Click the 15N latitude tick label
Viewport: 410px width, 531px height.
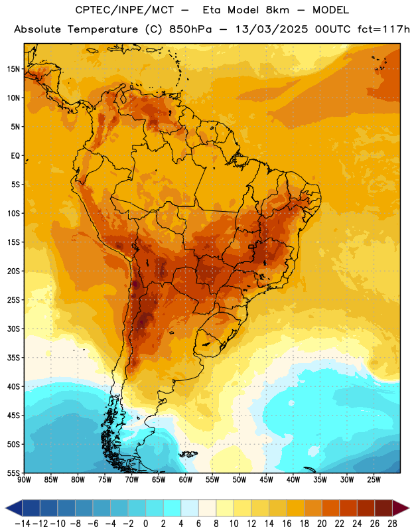tap(13, 69)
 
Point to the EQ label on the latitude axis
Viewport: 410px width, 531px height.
tap(15, 156)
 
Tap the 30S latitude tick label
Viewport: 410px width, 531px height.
tap(13, 329)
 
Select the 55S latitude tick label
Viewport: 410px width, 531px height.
tap(13, 473)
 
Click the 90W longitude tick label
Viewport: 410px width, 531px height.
tap(24, 480)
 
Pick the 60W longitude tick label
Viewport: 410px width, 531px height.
tap(186, 480)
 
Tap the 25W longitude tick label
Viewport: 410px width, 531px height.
tap(374, 480)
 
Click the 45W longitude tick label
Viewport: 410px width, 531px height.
tap(266, 480)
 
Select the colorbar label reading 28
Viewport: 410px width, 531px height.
tap(392, 524)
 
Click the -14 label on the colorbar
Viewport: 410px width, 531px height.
tap(23, 524)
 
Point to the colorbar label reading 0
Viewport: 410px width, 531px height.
tap(145, 524)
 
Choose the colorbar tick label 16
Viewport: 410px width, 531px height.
tap(287, 524)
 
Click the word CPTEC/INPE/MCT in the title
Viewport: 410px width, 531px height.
tap(124, 10)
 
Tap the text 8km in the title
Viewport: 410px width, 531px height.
tap(277, 10)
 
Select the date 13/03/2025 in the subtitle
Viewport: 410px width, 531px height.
tap(271, 29)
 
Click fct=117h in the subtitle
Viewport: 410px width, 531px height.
tap(383, 29)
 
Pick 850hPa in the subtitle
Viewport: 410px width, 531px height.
tap(190, 30)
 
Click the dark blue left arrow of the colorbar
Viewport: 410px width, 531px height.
tap(14, 508)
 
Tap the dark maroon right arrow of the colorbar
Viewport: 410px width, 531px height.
tap(401, 508)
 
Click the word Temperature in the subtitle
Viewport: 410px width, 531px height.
tap(103, 30)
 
